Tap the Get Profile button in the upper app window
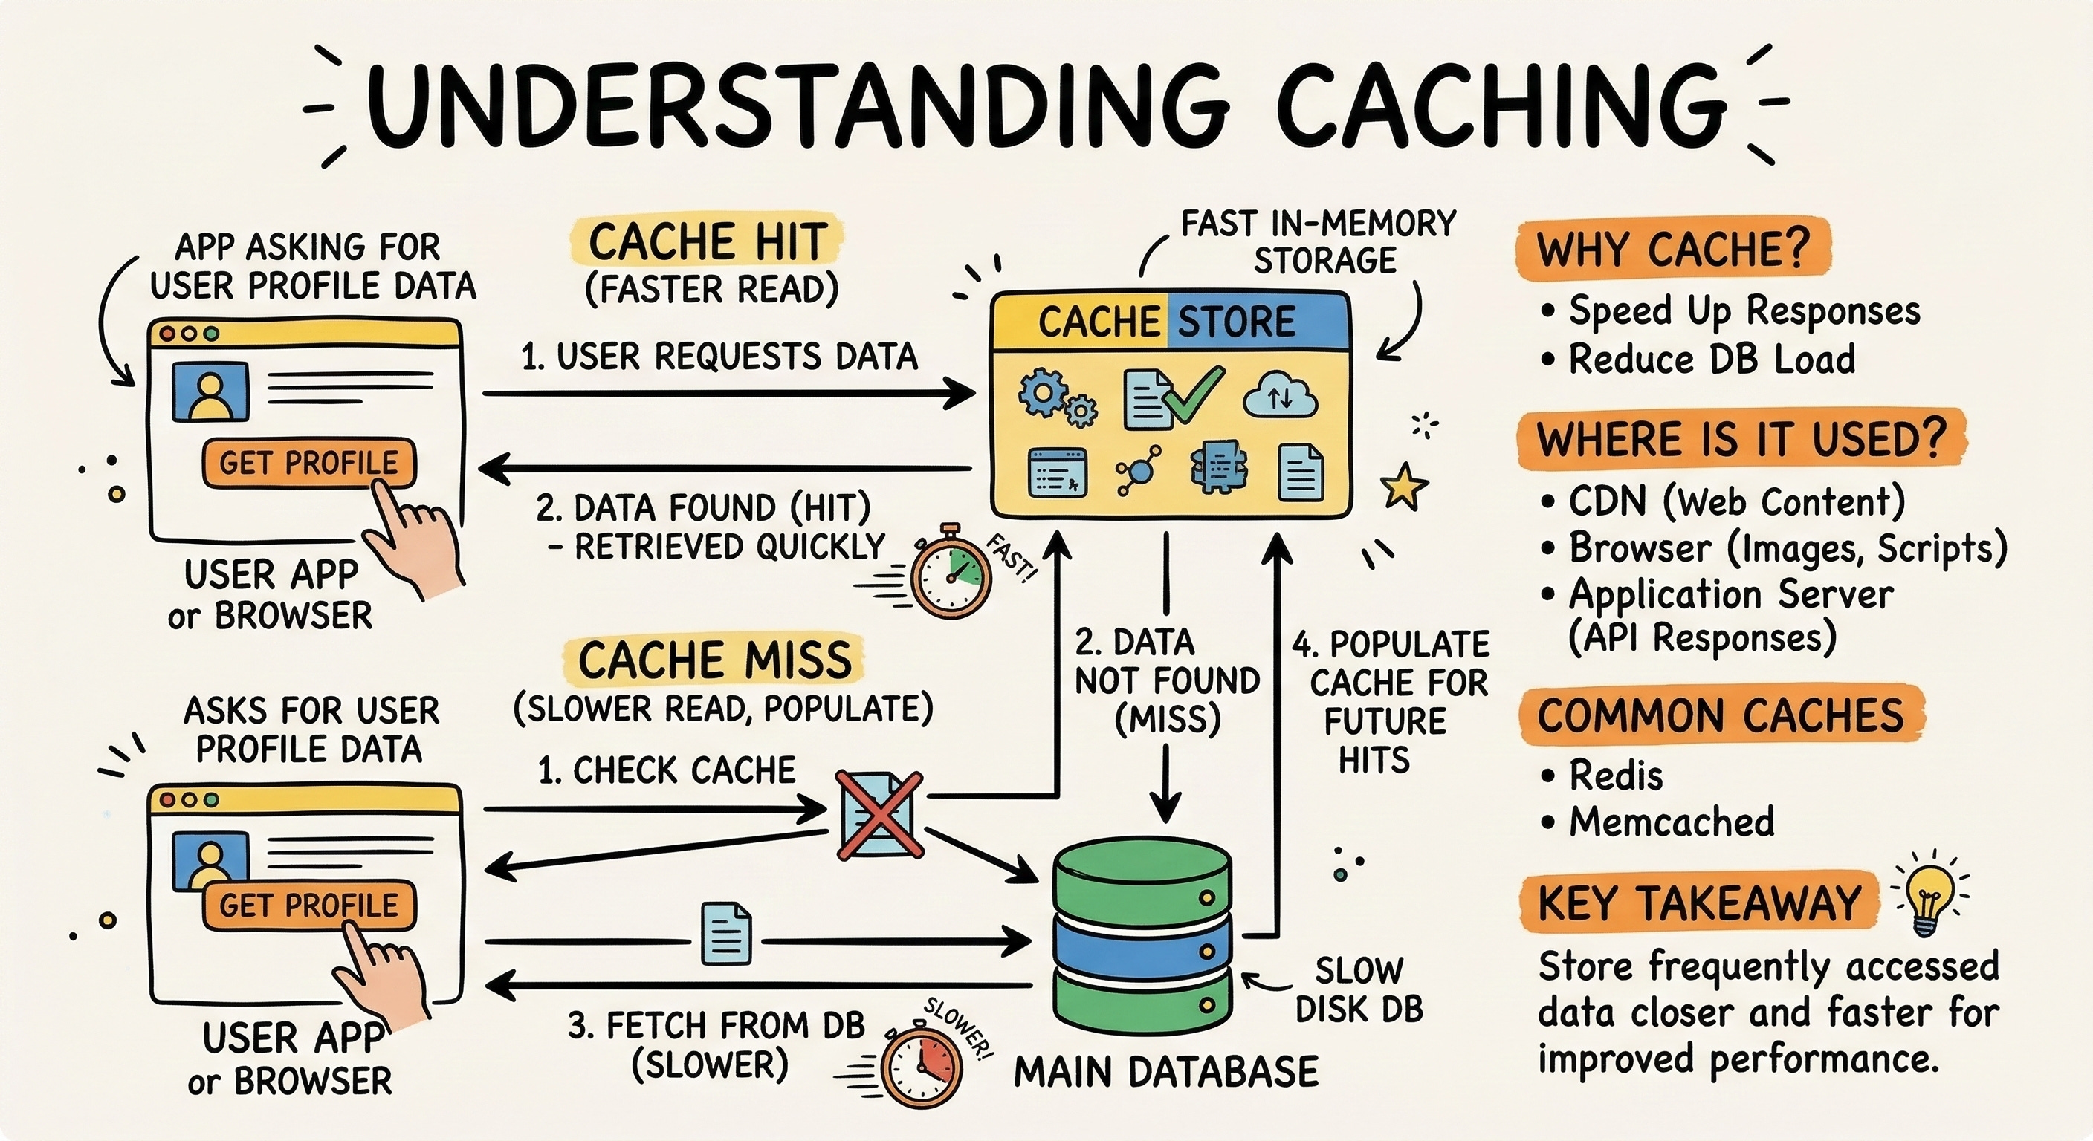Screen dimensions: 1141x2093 pyautogui.click(x=308, y=463)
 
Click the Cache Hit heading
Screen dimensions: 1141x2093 pyautogui.click(x=707, y=242)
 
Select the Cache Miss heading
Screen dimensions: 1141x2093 pyautogui.click(x=714, y=660)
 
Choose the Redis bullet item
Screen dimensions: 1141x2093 pyautogui.click(x=1614, y=776)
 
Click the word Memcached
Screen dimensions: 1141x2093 pyautogui.click(x=1672, y=822)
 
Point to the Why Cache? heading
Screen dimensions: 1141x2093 pyautogui.click(x=1674, y=249)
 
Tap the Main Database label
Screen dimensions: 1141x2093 pyautogui.click(x=1166, y=1072)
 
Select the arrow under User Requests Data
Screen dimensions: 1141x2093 pyautogui.click(x=728, y=394)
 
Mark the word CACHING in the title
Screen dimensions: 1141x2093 pyautogui.click(x=1501, y=108)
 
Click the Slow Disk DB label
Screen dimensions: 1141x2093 pyautogui.click(x=1359, y=990)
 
